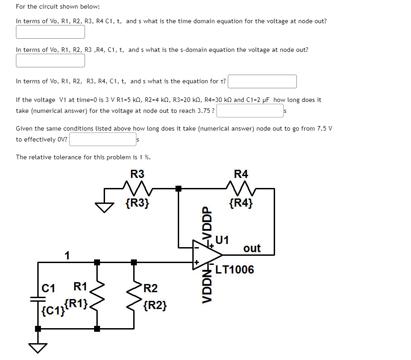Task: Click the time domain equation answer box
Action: click(50, 32)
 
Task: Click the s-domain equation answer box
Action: click(50, 60)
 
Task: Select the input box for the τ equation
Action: click(262, 81)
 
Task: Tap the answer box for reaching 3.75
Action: click(250, 111)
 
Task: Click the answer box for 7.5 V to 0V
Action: click(102, 139)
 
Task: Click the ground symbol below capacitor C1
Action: click(38, 348)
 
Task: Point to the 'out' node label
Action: click(252, 248)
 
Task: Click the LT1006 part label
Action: click(235, 270)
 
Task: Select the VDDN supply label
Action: click(207, 285)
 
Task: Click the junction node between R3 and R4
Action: click(179, 188)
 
